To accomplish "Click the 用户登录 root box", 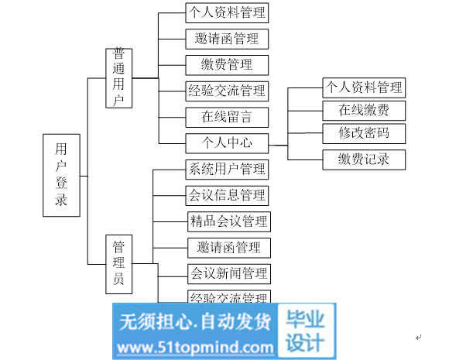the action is click(61, 175).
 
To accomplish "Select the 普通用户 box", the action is click(119, 78).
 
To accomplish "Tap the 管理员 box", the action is click(119, 264).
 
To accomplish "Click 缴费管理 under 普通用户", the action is click(227, 65).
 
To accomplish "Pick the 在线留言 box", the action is click(227, 117).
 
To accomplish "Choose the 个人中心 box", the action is click(227, 143).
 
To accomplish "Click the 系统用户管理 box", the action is click(227, 170).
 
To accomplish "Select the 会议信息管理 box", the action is click(227, 196).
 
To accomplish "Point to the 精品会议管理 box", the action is click(229, 221).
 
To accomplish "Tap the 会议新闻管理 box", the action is click(229, 274).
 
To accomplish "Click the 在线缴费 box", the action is click(364, 111).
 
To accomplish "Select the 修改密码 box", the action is click(364, 133).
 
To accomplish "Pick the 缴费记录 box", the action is click(364, 159).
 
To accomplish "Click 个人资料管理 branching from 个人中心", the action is click(364, 87).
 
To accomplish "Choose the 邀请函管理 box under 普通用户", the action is click(227, 39).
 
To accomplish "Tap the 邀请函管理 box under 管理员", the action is click(229, 248).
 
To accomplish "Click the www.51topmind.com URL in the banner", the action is click(195, 348).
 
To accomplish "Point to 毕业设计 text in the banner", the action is click(306, 331).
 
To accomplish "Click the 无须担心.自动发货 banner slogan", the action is click(195, 321).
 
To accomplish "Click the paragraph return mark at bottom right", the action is click(418, 338).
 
